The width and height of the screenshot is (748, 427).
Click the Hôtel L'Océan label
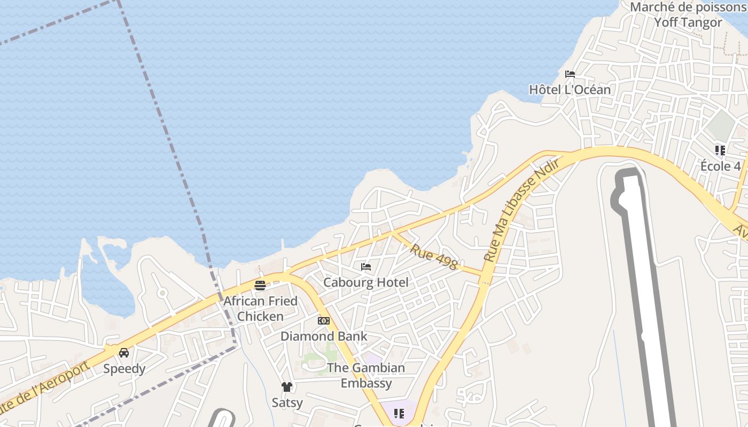pos(570,89)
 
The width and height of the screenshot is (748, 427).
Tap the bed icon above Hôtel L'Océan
pos(570,74)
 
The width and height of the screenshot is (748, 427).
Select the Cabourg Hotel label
pos(366,282)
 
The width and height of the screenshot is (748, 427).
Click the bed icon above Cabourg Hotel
pos(366,267)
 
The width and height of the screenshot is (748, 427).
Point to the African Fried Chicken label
pos(260,309)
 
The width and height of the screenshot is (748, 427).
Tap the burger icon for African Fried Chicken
pos(260,286)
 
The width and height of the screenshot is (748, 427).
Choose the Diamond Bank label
pos(324,336)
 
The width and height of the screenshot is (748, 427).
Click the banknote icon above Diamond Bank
pos(323,321)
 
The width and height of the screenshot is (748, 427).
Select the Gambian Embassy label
pos(366,375)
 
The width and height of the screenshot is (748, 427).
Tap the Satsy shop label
pos(287,402)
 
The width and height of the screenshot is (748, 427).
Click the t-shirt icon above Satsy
pos(287,386)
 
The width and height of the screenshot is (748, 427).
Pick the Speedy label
pos(124,368)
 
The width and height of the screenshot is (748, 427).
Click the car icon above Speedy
pos(124,353)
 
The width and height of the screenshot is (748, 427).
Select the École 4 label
pos(720,166)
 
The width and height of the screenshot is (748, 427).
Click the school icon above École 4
pos(720,151)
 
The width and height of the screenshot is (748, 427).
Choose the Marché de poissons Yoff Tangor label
pos(688,15)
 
